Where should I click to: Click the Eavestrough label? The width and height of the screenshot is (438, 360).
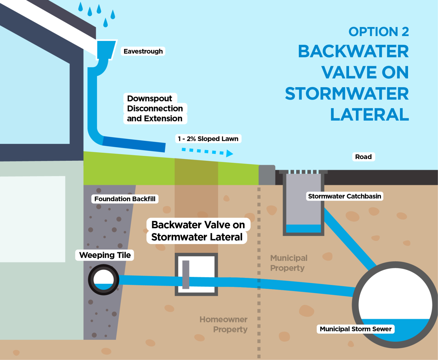coord(143,51)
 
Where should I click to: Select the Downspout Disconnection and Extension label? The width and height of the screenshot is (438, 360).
coord(155,109)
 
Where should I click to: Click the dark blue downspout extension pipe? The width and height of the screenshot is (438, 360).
coord(134,144)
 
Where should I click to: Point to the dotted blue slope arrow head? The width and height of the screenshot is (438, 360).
coord(230,154)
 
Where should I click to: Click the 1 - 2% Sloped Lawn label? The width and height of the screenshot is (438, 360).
coord(208,139)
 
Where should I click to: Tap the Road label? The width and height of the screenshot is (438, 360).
coord(363,157)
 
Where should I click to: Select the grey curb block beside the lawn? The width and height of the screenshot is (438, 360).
coord(267,175)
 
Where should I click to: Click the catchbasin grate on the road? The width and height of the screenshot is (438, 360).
coord(303,172)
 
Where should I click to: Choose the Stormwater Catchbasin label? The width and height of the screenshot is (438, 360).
coord(344,196)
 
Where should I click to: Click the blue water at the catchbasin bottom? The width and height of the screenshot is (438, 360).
coord(303,229)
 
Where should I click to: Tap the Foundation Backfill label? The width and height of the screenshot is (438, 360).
coord(125,199)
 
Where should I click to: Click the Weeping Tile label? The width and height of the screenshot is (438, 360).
coord(105,255)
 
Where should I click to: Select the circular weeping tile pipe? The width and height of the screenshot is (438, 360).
coord(104,280)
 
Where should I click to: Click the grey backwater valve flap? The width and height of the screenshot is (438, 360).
coord(186,274)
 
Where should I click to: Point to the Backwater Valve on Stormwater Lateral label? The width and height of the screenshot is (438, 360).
coord(198,231)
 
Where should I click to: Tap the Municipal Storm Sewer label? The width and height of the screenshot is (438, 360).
coord(355,329)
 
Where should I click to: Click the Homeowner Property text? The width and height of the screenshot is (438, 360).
coord(224,324)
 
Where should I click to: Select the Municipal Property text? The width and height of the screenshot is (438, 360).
coord(289,263)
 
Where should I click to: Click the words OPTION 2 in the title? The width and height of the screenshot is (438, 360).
coord(378,32)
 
